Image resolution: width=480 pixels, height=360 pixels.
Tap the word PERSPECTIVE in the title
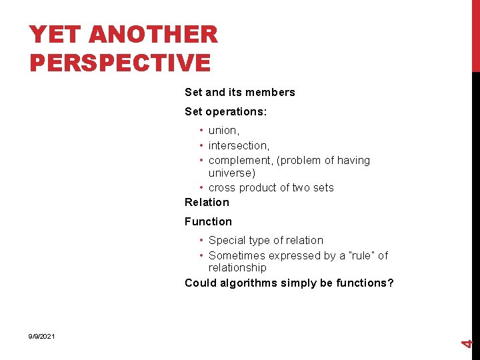[x=121, y=63]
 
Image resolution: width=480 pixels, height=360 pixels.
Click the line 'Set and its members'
[x=239, y=93]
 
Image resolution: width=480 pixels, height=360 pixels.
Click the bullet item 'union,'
[x=224, y=131]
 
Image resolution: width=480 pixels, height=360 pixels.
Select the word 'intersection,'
[x=239, y=145]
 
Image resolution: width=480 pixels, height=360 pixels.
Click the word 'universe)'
[x=232, y=173]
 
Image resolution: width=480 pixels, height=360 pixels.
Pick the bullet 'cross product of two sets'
[x=271, y=188]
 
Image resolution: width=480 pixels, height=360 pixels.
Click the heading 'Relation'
[x=207, y=202]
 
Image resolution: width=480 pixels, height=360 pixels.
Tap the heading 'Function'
[x=208, y=221]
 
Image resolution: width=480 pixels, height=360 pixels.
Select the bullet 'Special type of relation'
[x=265, y=241]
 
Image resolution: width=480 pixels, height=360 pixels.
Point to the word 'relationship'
[x=237, y=268]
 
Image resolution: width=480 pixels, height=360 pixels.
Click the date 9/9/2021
[x=41, y=337]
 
